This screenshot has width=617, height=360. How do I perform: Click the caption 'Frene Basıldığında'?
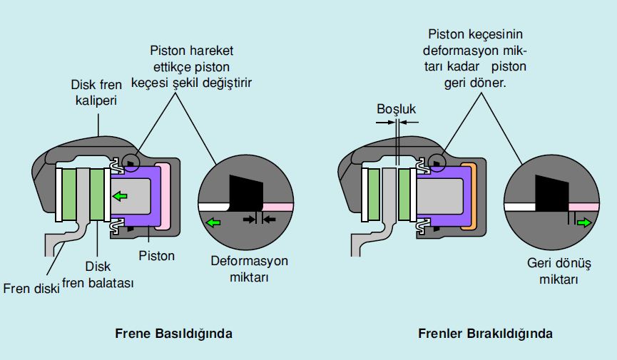[x=173, y=333]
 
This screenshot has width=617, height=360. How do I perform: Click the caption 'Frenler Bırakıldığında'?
[x=486, y=333]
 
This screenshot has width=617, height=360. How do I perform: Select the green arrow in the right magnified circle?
[x=584, y=222]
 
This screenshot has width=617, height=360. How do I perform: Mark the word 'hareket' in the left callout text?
[x=212, y=51]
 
